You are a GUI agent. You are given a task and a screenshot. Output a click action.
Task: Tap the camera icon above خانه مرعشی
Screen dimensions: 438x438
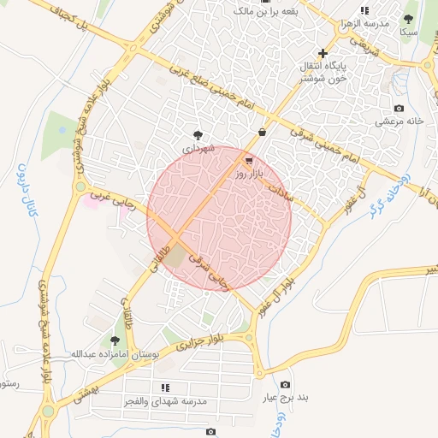399,108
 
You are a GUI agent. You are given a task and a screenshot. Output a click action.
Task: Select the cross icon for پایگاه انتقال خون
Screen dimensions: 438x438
323,53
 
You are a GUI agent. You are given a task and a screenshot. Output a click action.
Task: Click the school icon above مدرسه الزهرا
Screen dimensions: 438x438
364,10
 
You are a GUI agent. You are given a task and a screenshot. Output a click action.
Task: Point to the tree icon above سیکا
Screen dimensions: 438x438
409,18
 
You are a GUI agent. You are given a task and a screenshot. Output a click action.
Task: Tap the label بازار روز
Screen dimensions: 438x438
254,174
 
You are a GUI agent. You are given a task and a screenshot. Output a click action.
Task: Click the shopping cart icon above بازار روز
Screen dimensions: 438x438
249,160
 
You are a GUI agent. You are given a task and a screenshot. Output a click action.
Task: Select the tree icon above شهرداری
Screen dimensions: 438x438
198,134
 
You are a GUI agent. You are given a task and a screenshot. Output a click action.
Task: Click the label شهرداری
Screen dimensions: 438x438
197,148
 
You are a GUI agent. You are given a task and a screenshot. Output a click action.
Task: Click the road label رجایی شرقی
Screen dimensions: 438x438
214,266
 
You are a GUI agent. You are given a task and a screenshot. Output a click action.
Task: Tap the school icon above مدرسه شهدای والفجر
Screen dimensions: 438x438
165,388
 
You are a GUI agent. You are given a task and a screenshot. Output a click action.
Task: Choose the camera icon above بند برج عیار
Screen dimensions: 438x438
285,385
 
